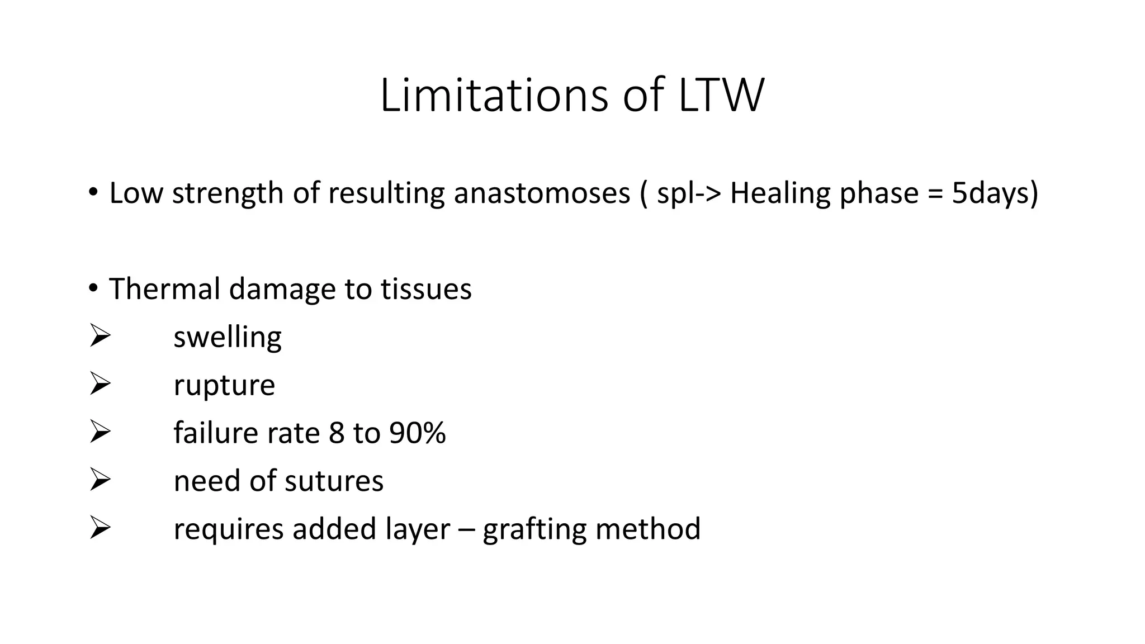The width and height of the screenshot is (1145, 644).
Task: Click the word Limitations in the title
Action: (x=493, y=96)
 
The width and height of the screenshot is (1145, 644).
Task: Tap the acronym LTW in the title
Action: (x=721, y=96)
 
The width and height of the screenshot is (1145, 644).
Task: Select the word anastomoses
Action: (x=542, y=193)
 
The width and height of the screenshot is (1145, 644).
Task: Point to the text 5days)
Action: (x=995, y=193)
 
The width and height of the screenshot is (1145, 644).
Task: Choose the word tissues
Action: (x=426, y=289)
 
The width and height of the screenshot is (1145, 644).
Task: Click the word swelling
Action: (x=228, y=338)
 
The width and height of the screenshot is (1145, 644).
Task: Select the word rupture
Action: (x=224, y=386)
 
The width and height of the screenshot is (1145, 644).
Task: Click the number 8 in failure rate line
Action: (x=337, y=433)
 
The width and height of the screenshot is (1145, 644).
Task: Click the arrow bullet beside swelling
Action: (x=100, y=337)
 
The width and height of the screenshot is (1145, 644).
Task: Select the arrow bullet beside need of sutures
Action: (x=100, y=480)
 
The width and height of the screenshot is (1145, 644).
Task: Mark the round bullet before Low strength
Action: (x=93, y=193)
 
